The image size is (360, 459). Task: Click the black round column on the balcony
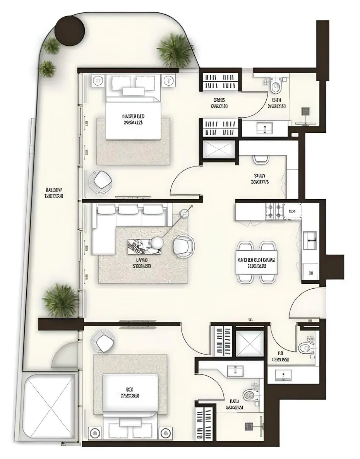tap(70, 29)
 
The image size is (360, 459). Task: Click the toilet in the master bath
tap(276, 87)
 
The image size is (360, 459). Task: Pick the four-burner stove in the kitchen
tap(274, 212)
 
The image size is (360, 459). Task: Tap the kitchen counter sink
tap(310, 240)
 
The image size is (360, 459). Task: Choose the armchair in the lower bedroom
tap(103, 341)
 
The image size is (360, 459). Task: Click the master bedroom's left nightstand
tap(98, 80)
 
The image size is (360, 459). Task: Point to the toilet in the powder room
tap(306, 347)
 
